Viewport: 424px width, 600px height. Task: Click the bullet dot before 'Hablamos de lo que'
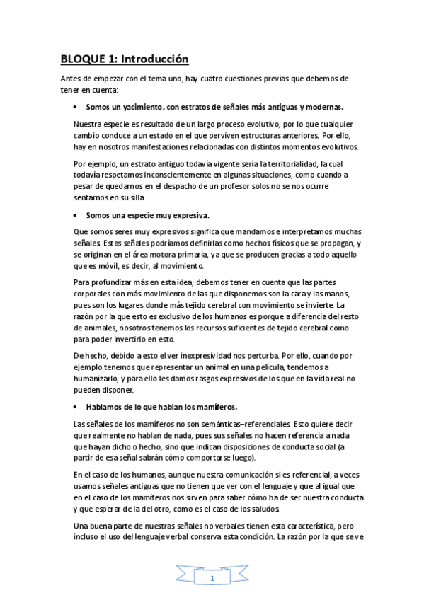75,407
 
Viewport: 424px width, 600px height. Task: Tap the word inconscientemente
167,175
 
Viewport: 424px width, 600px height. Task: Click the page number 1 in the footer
212,578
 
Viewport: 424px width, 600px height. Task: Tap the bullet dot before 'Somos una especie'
75,214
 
